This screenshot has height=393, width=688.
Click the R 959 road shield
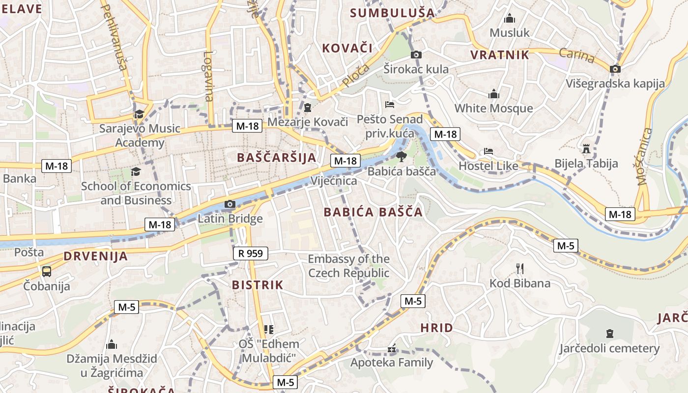(251, 253)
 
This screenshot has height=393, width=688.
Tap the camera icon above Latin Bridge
(229, 204)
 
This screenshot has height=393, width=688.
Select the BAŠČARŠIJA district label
(276, 158)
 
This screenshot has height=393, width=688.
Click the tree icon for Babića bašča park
(401, 157)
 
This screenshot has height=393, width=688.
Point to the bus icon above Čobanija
(47, 271)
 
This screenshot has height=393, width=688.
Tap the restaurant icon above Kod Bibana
(520, 268)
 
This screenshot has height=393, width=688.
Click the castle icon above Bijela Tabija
(586, 148)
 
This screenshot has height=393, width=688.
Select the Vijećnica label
(334, 181)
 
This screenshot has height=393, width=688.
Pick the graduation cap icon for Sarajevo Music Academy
(140, 114)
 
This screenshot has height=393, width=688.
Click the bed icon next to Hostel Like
(488, 151)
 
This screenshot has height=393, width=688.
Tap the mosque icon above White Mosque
(493, 93)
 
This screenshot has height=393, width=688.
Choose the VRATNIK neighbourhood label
(500, 55)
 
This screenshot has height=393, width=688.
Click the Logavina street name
(208, 76)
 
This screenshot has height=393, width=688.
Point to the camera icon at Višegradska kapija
(615, 69)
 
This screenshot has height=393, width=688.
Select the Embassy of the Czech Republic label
(348, 266)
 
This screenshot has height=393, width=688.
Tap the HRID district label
(436, 328)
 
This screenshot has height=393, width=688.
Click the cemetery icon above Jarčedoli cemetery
(609, 334)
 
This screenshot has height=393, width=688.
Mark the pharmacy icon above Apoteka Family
(392, 349)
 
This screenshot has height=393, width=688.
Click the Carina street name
(577, 56)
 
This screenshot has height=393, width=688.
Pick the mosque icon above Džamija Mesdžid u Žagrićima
(112, 344)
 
